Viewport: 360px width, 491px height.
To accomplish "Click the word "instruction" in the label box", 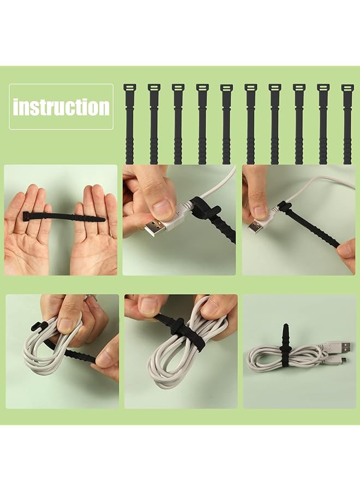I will (61, 106).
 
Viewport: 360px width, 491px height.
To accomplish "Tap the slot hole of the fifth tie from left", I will (226, 87).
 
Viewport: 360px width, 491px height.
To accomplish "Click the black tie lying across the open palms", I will (63, 218).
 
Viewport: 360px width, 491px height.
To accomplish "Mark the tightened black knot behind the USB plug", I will (282, 207).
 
